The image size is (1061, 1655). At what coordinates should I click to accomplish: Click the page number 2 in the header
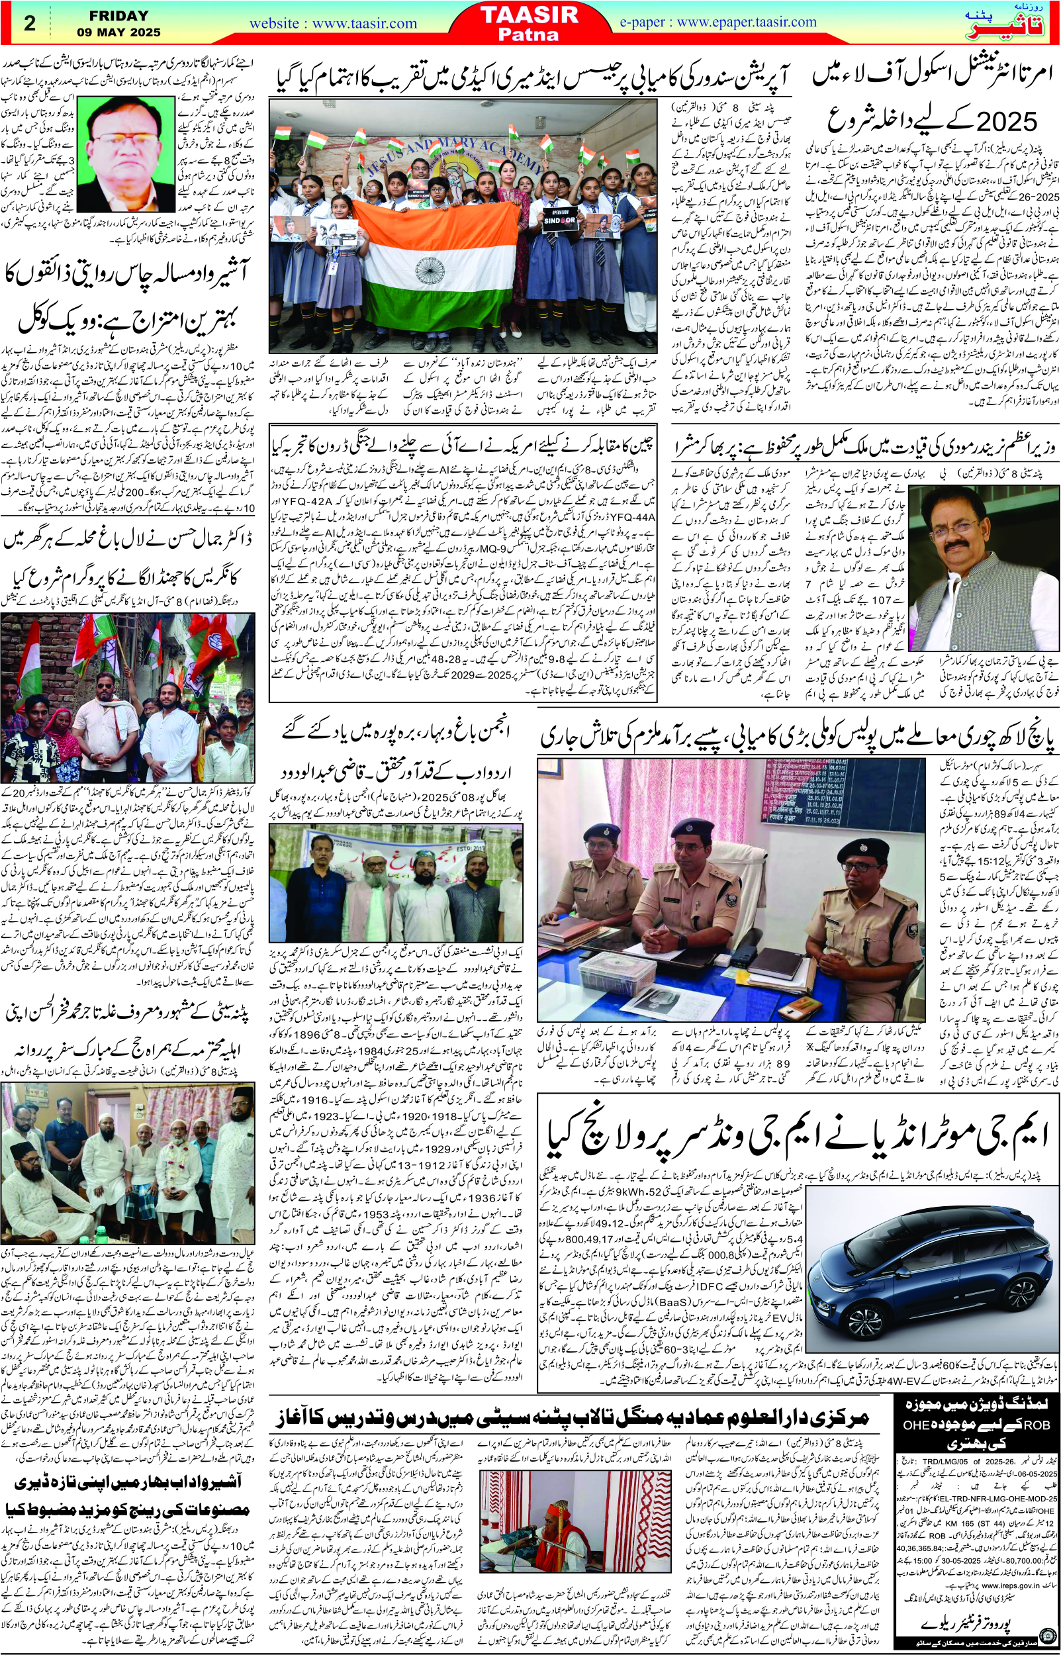click(29, 23)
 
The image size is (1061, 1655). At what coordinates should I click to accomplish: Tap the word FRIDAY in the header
click(118, 15)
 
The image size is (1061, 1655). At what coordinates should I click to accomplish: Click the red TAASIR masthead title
click(530, 15)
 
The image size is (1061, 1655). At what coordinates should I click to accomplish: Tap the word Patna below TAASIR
click(529, 34)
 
